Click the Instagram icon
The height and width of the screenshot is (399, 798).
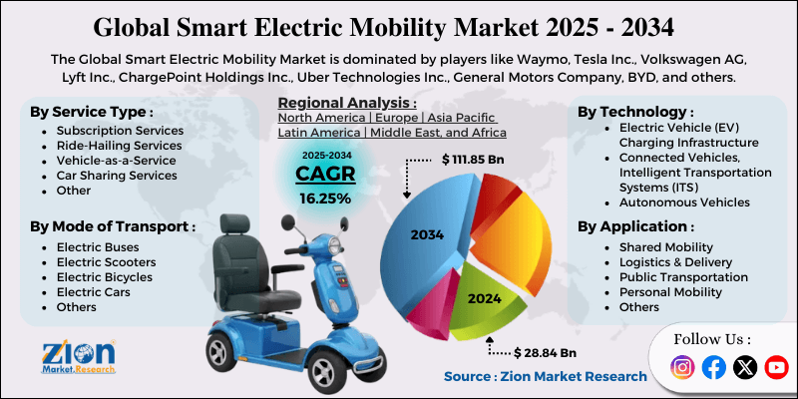pos(682,368)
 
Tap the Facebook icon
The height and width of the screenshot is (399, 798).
pos(713,368)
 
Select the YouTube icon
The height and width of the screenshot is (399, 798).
pos(776,368)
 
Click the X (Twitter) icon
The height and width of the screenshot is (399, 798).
pos(745,368)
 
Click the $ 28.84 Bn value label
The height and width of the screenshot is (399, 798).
pos(546,353)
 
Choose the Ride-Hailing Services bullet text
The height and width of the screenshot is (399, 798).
pos(119,146)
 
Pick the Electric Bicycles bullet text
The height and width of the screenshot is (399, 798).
pos(104,276)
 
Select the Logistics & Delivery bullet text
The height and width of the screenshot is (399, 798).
pos(675,261)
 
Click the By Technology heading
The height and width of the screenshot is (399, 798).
pos(635,112)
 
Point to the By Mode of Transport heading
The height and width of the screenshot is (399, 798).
pos(110,227)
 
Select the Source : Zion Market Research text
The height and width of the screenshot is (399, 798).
pos(545,376)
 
